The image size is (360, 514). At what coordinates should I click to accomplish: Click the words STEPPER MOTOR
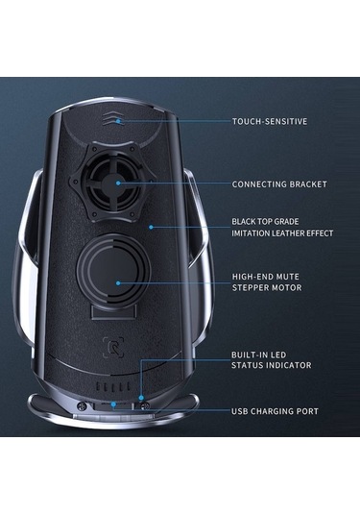coord(266,287)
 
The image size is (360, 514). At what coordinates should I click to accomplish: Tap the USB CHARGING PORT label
coord(276,411)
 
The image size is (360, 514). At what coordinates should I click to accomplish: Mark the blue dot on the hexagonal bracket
coord(117,183)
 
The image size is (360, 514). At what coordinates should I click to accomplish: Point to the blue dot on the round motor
coord(117,281)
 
